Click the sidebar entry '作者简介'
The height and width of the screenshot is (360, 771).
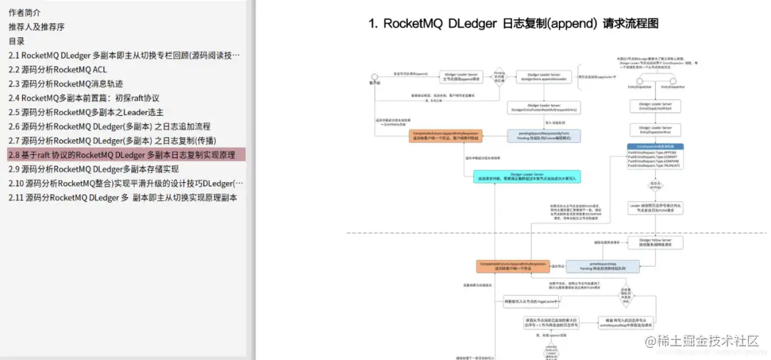coord(25,13)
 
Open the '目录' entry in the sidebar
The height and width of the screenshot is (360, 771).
coord(17,41)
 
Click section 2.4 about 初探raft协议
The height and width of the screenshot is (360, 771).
coord(84,98)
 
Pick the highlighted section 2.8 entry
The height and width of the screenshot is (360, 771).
coord(121,155)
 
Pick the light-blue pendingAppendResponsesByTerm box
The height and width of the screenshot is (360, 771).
coord(537,136)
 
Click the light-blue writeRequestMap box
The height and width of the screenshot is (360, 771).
coord(598,266)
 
